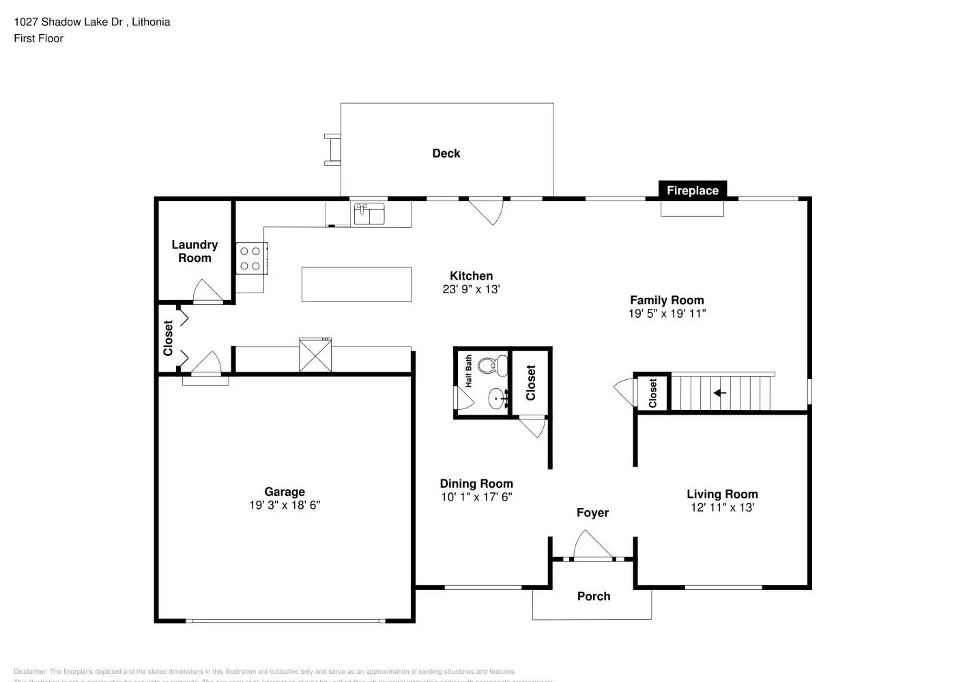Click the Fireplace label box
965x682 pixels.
(692, 190)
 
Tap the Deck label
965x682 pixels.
(446, 153)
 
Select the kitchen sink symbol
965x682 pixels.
(369, 213)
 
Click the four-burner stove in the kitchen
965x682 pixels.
(250, 258)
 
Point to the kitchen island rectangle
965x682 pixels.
(356, 284)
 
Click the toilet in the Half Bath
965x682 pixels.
(490, 366)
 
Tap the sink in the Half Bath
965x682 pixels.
(497, 398)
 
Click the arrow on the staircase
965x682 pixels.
(719, 393)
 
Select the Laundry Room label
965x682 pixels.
(195, 251)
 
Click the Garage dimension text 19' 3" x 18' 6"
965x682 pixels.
(285, 505)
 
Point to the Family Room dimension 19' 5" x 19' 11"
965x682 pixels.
(667, 314)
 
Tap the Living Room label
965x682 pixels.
(722, 494)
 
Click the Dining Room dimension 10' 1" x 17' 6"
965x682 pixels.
(476, 497)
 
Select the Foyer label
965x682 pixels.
(592, 513)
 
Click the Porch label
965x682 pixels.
(593, 596)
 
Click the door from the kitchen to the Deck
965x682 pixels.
(486, 210)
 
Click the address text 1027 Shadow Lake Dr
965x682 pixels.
(68, 22)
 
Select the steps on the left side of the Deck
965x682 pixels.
(332, 149)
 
